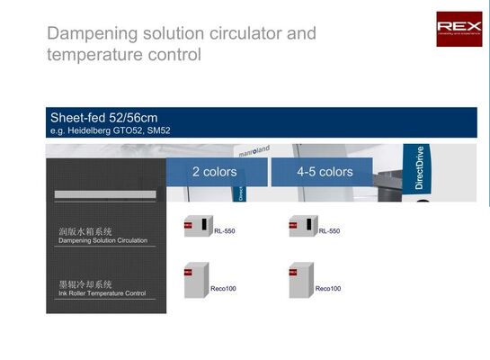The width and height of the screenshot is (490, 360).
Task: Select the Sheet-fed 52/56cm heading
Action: (x=104, y=117)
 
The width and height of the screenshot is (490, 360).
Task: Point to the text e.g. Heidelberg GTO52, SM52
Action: (x=110, y=130)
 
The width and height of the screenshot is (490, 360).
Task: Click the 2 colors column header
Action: (x=214, y=172)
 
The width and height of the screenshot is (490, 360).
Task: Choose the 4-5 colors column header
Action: (x=325, y=172)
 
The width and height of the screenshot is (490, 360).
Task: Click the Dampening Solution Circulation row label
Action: (x=102, y=241)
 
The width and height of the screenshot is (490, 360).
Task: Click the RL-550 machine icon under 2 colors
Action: (x=197, y=226)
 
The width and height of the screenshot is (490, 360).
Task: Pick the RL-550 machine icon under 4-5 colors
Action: (x=302, y=226)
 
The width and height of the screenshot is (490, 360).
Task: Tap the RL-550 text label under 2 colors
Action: (x=224, y=231)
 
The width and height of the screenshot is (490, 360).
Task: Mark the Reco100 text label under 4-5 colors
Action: (x=328, y=289)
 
